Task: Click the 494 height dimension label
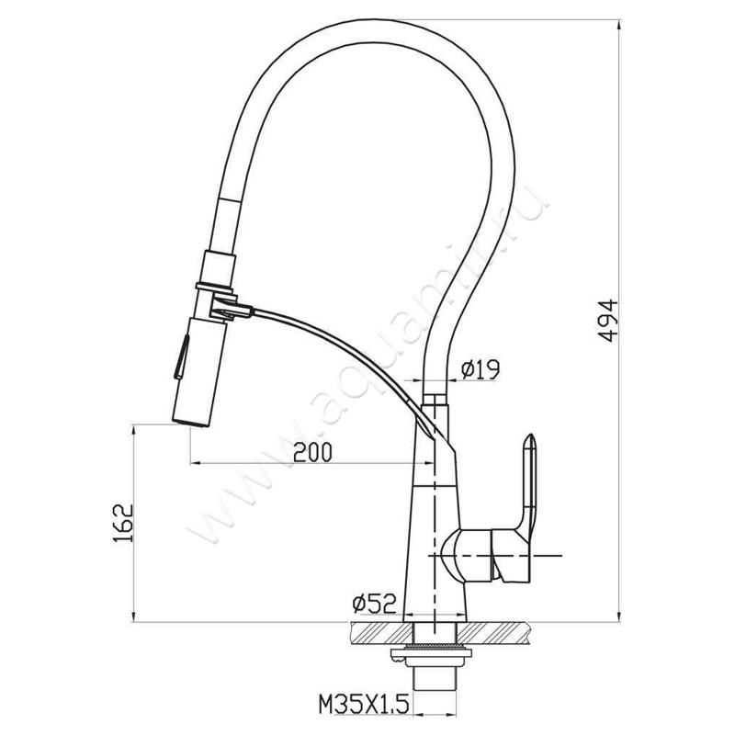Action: pos(609,321)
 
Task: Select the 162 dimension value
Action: pos(123,523)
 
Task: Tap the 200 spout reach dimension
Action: pos(312,452)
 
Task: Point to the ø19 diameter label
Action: pos(481,370)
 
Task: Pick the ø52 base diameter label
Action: pos(374,604)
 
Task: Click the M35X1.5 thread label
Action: pos(364,704)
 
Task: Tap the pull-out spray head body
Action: pos(196,371)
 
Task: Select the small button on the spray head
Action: pos(181,356)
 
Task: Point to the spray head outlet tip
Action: pos(190,423)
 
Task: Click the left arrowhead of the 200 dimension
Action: pos(194,463)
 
